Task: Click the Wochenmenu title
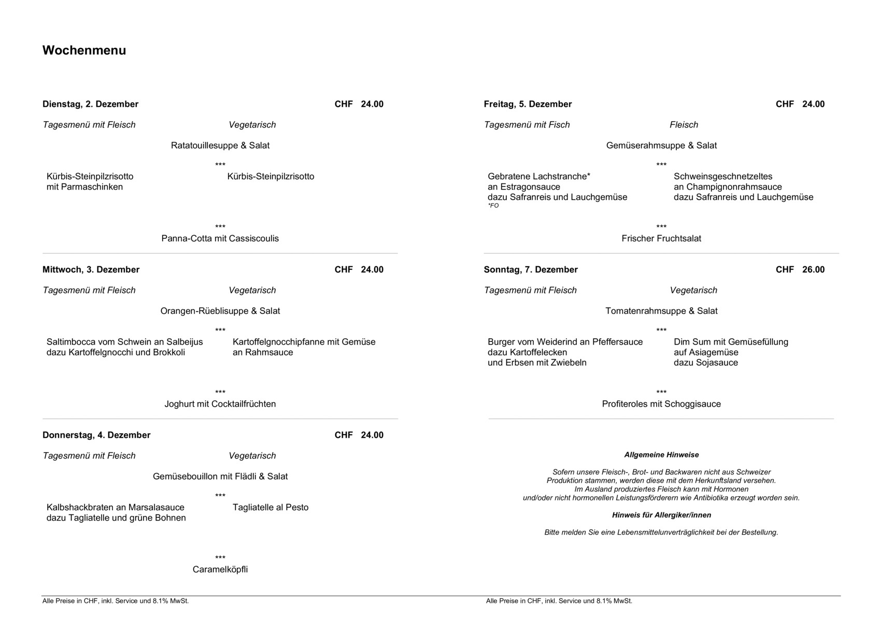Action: pyautogui.click(x=84, y=50)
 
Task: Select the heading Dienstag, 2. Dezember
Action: pyautogui.click(x=90, y=104)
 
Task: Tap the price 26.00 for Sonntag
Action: pyautogui.click(x=813, y=269)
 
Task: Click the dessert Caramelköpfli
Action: pyautogui.click(x=220, y=569)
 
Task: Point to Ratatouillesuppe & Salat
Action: pyautogui.click(x=220, y=146)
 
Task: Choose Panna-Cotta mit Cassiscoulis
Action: pyautogui.click(x=220, y=238)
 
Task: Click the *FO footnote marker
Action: pyautogui.click(x=493, y=206)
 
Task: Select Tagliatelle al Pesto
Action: pyautogui.click(x=270, y=507)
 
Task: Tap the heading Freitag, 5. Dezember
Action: pyautogui.click(x=528, y=104)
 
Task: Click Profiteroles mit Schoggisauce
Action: pyautogui.click(x=661, y=404)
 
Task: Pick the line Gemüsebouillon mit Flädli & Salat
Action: pyautogui.click(x=220, y=476)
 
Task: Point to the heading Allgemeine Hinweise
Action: pyautogui.click(x=661, y=455)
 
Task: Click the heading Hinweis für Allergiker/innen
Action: pyautogui.click(x=661, y=515)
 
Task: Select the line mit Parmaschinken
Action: pyautogui.click(x=84, y=187)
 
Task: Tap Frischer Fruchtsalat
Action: pyautogui.click(x=661, y=238)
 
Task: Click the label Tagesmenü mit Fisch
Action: pyautogui.click(x=527, y=125)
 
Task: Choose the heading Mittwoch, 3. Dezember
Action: pyautogui.click(x=91, y=269)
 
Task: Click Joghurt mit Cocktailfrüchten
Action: pyautogui.click(x=220, y=404)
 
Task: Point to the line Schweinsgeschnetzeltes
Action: pyautogui.click(x=722, y=176)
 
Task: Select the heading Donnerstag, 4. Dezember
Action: pyautogui.click(x=96, y=435)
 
